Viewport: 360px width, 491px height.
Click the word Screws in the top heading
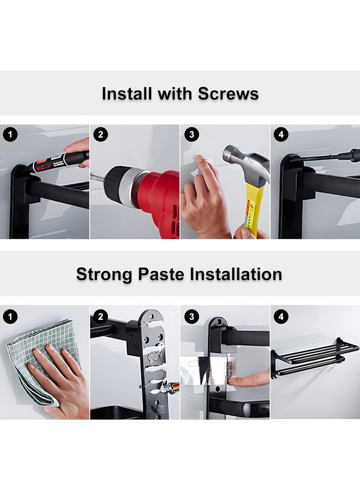pos(228,93)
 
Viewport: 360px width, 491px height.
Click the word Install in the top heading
pos(127,93)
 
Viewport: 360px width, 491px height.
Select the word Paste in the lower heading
pos(161,274)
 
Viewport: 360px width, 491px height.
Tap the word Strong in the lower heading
pos(104,275)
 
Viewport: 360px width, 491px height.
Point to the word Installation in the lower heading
pos(236,274)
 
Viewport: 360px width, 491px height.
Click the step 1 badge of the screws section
pos(10,135)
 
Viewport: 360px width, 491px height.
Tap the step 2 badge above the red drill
pos(100,135)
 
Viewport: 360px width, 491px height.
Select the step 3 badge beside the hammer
pos(192,135)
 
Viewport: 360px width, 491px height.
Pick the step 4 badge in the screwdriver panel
pos(281,135)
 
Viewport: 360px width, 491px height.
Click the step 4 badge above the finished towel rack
pos(281,316)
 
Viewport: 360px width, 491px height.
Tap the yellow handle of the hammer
pos(253,210)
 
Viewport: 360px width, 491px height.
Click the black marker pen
pos(58,161)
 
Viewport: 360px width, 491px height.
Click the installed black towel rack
pos(314,357)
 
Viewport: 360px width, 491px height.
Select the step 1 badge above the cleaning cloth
pos(10,316)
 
